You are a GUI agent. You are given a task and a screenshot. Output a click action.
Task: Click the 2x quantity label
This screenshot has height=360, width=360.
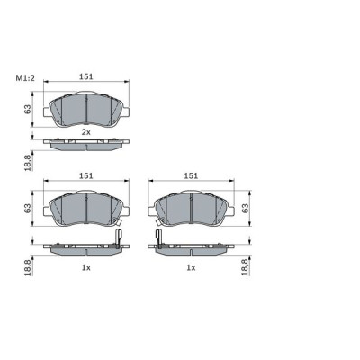tap(86, 132)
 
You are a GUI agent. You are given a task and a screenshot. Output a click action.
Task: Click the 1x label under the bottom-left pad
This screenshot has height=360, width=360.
tap(86, 268)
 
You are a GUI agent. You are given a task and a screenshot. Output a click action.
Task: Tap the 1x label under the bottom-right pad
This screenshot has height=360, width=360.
tap(191, 268)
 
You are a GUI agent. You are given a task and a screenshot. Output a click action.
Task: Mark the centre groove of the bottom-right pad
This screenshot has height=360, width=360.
tap(191, 210)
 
